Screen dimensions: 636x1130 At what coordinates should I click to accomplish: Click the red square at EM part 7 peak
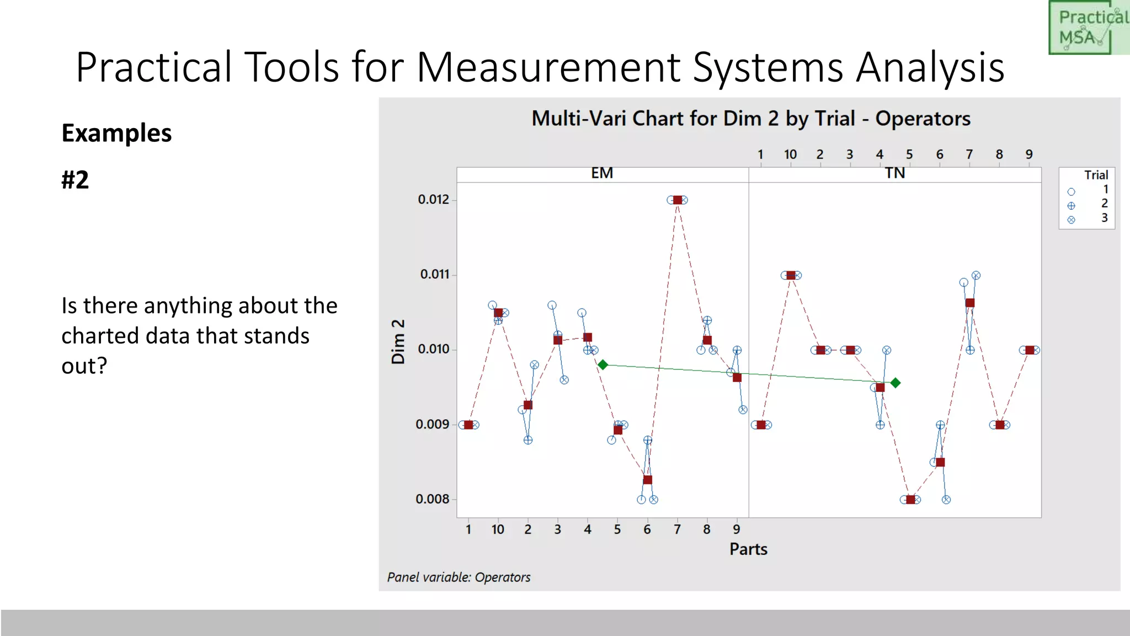(x=677, y=200)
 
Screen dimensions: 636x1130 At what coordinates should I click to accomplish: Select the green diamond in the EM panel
(x=603, y=365)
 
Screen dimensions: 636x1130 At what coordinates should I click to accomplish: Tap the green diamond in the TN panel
(x=896, y=383)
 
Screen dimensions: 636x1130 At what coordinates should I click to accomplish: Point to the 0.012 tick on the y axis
(x=434, y=199)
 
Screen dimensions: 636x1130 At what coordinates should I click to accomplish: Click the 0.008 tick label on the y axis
(x=433, y=499)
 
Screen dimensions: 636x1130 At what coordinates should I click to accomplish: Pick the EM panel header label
(x=602, y=173)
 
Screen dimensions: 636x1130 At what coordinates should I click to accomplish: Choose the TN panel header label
(x=895, y=173)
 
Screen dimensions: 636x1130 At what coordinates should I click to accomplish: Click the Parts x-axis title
(x=748, y=549)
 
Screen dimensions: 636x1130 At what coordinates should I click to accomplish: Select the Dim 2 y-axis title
(x=398, y=341)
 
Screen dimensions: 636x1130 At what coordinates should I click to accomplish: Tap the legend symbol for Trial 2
(x=1071, y=206)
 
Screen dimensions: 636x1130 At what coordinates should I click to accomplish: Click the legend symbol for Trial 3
(x=1071, y=220)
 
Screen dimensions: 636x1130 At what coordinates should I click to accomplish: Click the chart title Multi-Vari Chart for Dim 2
(x=750, y=119)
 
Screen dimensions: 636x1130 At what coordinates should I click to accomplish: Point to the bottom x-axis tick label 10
(x=498, y=529)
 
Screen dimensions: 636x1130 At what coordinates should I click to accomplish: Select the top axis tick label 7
(x=969, y=155)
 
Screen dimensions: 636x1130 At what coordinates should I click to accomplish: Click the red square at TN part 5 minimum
(x=910, y=500)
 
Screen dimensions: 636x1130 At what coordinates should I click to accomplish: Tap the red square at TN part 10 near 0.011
(x=791, y=275)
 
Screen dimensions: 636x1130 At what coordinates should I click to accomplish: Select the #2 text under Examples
(x=75, y=180)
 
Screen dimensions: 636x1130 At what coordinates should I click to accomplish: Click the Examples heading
(x=116, y=133)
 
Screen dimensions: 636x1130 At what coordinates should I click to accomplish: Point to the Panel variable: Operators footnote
(x=459, y=577)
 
